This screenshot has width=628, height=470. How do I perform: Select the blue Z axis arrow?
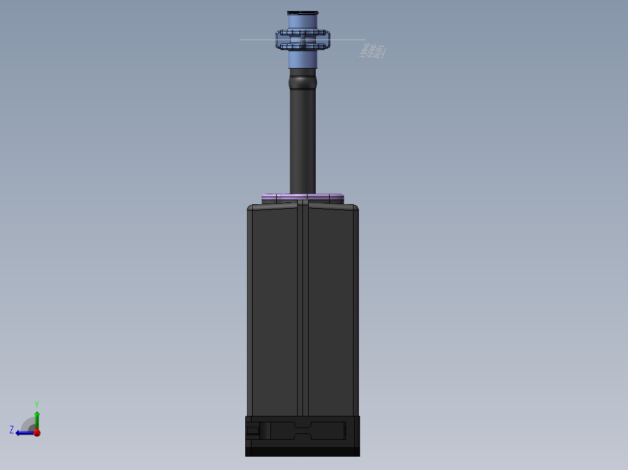[22, 432]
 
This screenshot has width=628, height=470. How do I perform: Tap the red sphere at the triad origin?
[37, 432]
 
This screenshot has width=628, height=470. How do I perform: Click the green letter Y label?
[36, 404]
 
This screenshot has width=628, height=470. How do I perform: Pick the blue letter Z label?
[12, 429]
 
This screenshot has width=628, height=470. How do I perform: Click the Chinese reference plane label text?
[372, 52]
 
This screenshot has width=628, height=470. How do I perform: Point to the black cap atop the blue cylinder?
[303, 13]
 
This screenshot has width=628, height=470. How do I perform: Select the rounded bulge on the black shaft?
[303, 82]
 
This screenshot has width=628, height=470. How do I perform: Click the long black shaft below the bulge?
[303, 140]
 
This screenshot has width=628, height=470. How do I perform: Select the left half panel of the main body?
[274, 308]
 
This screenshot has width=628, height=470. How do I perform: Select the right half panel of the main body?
[331, 308]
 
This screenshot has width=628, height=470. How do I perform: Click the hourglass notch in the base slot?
[302, 430]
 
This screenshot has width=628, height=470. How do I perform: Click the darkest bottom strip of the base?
[302, 451]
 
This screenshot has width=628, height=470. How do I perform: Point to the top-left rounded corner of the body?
[251, 208]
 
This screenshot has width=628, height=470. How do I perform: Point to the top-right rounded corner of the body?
[355, 208]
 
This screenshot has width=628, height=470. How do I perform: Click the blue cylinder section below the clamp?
[303, 59]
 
